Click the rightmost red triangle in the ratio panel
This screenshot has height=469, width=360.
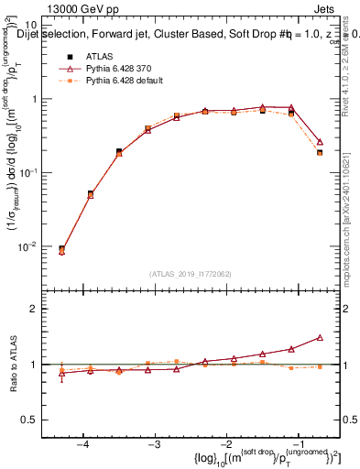point(320,337)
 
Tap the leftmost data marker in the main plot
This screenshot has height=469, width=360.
point(61,249)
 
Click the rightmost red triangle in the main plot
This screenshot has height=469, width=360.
point(320,142)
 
